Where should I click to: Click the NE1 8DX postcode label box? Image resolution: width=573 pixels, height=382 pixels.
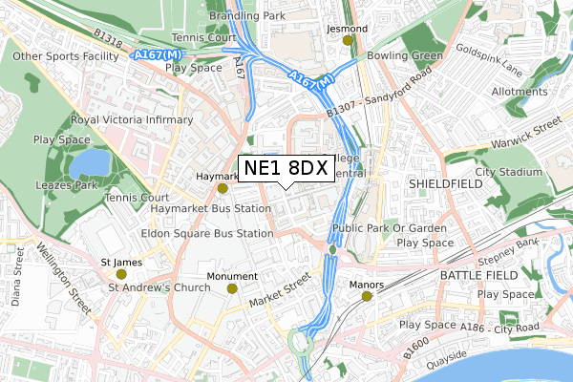coord(286,168)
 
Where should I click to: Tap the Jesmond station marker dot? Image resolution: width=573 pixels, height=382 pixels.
coord(361,40)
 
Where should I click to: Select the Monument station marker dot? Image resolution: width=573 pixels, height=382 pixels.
coord(232,287)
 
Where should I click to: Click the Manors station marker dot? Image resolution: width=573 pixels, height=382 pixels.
coord(368,296)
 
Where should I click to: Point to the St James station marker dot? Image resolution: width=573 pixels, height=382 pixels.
coord(121,274)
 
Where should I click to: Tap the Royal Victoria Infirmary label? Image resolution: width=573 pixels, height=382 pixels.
coord(133,120)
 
